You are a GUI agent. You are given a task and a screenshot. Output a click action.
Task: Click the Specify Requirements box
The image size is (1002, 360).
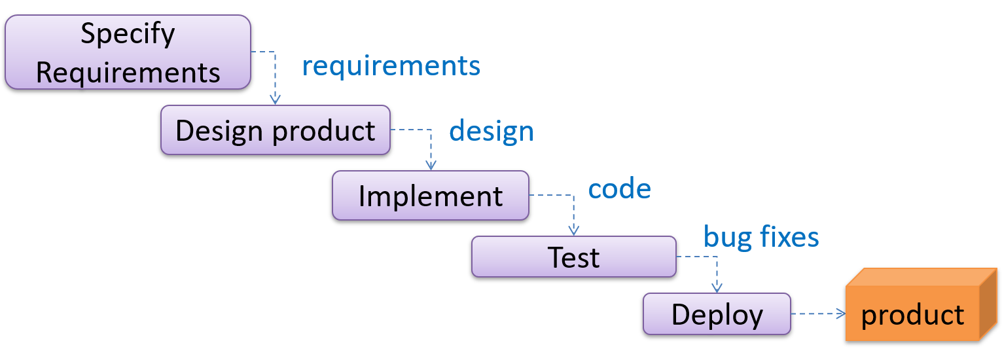coord(128,52)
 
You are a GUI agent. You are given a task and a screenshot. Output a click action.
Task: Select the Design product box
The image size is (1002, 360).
coord(275,130)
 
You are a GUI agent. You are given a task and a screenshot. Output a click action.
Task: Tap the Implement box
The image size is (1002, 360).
coord(430,196)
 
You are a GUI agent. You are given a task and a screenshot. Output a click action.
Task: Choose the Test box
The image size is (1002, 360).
coord(573,257)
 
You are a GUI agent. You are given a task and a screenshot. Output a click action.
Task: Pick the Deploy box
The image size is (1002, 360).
coord(717,314)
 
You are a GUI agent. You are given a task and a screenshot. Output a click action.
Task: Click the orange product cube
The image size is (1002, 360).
coord(912,314)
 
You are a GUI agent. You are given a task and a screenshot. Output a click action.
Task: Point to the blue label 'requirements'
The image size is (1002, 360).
coord(391,66)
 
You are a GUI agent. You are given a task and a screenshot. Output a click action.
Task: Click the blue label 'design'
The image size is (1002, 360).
coord(491,131)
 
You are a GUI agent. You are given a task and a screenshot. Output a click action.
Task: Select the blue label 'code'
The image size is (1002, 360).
coord(619,189)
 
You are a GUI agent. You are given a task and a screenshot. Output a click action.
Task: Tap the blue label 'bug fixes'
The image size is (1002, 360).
coord(761,236)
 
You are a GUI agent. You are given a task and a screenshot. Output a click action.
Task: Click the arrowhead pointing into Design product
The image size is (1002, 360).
coord(276,99)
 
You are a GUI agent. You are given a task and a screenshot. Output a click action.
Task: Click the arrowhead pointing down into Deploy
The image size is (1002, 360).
coord(717,288)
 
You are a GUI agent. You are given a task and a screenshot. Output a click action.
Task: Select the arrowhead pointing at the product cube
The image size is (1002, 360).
coord(840,314)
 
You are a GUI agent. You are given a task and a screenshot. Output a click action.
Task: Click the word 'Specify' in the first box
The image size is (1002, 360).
coord(128,34)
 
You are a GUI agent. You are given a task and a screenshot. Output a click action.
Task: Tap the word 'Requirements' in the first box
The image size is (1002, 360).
coord(128,72)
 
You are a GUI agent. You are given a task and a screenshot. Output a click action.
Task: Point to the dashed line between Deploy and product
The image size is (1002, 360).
coord(815,314)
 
